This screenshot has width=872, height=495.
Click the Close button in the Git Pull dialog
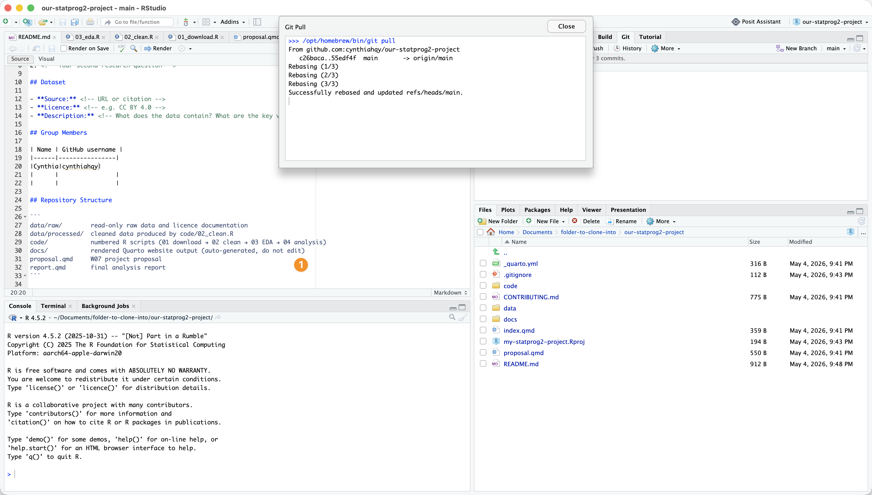(x=566, y=26)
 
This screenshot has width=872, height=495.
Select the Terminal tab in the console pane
(x=53, y=306)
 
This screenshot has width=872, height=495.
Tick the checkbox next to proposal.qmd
(x=483, y=353)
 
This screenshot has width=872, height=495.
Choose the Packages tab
(x=537, y=210)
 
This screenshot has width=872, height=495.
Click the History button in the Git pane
(x=628, y=48)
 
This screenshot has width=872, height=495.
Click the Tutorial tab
(x=650, y=37)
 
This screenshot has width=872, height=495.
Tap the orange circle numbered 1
(x=301, y=265)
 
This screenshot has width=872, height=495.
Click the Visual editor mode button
(x=46, y=59)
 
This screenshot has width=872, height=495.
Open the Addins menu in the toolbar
(x=233, y=22)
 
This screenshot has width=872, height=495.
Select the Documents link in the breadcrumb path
(x=537, y=232)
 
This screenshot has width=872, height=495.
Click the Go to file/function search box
(x=138, y=22)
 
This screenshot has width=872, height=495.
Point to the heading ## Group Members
(x=58, y=133)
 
